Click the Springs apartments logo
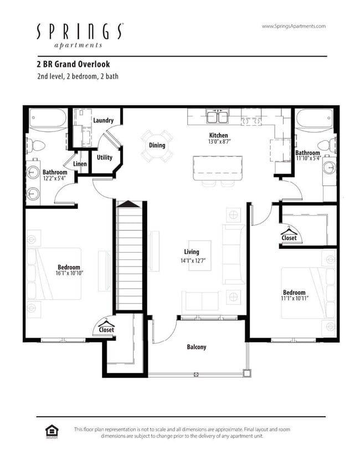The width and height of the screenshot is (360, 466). coord(80,35)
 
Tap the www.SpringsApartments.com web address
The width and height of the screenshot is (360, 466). coord(294,26)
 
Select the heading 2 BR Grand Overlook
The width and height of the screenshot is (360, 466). coord(73,64)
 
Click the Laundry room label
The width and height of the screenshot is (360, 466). coord(104,120)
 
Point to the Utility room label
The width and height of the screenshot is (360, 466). coord(105,157)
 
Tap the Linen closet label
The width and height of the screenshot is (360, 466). coord(80,164)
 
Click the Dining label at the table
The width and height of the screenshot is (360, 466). coord(157,145)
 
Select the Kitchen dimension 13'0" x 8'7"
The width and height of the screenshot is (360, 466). coord(218,142)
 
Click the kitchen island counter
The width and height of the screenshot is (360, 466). coord(218,167)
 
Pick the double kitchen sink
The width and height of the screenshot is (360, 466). coord(218,117)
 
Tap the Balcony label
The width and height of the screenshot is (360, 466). coord(197,347)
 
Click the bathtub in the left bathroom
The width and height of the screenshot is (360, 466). coord(48,119)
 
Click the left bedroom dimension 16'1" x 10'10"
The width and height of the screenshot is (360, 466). coord(69,273)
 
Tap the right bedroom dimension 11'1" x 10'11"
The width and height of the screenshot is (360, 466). coord(294,299)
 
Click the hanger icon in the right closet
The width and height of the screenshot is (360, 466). coord(289,231)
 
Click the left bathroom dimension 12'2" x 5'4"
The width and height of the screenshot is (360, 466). coord(55,178)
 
